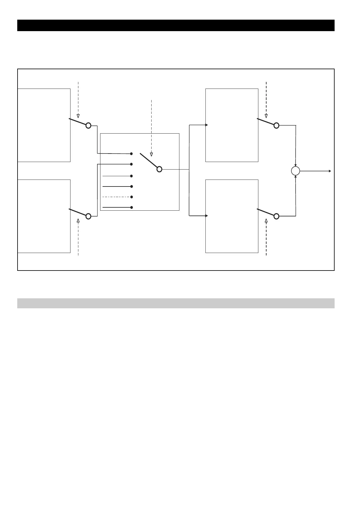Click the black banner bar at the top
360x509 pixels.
(175, 25)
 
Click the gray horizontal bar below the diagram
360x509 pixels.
(175, 303)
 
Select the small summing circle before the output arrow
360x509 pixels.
(295, 171)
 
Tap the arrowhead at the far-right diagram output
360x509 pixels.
(330, 171)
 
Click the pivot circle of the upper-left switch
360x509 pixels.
(88, 125)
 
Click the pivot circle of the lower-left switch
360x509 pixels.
(88, 216)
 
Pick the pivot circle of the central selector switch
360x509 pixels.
(159, 169)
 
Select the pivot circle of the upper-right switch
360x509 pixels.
(276, 125)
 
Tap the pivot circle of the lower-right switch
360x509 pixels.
(276, 216)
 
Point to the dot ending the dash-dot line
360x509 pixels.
(132, 197)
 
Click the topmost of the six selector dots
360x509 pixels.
(132, 154)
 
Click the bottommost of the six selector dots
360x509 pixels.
(132, 207)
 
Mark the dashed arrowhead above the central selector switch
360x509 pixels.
(152, 154)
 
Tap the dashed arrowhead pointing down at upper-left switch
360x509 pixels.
(78, 116)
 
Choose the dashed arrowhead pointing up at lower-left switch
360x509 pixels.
(78, 221)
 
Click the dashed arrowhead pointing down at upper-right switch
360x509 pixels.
(266, 116)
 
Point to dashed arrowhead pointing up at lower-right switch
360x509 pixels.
(266, 221)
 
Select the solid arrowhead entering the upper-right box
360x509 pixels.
(207, 125)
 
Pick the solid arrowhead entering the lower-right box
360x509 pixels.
(207, 216)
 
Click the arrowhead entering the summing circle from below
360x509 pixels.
(296, 177)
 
